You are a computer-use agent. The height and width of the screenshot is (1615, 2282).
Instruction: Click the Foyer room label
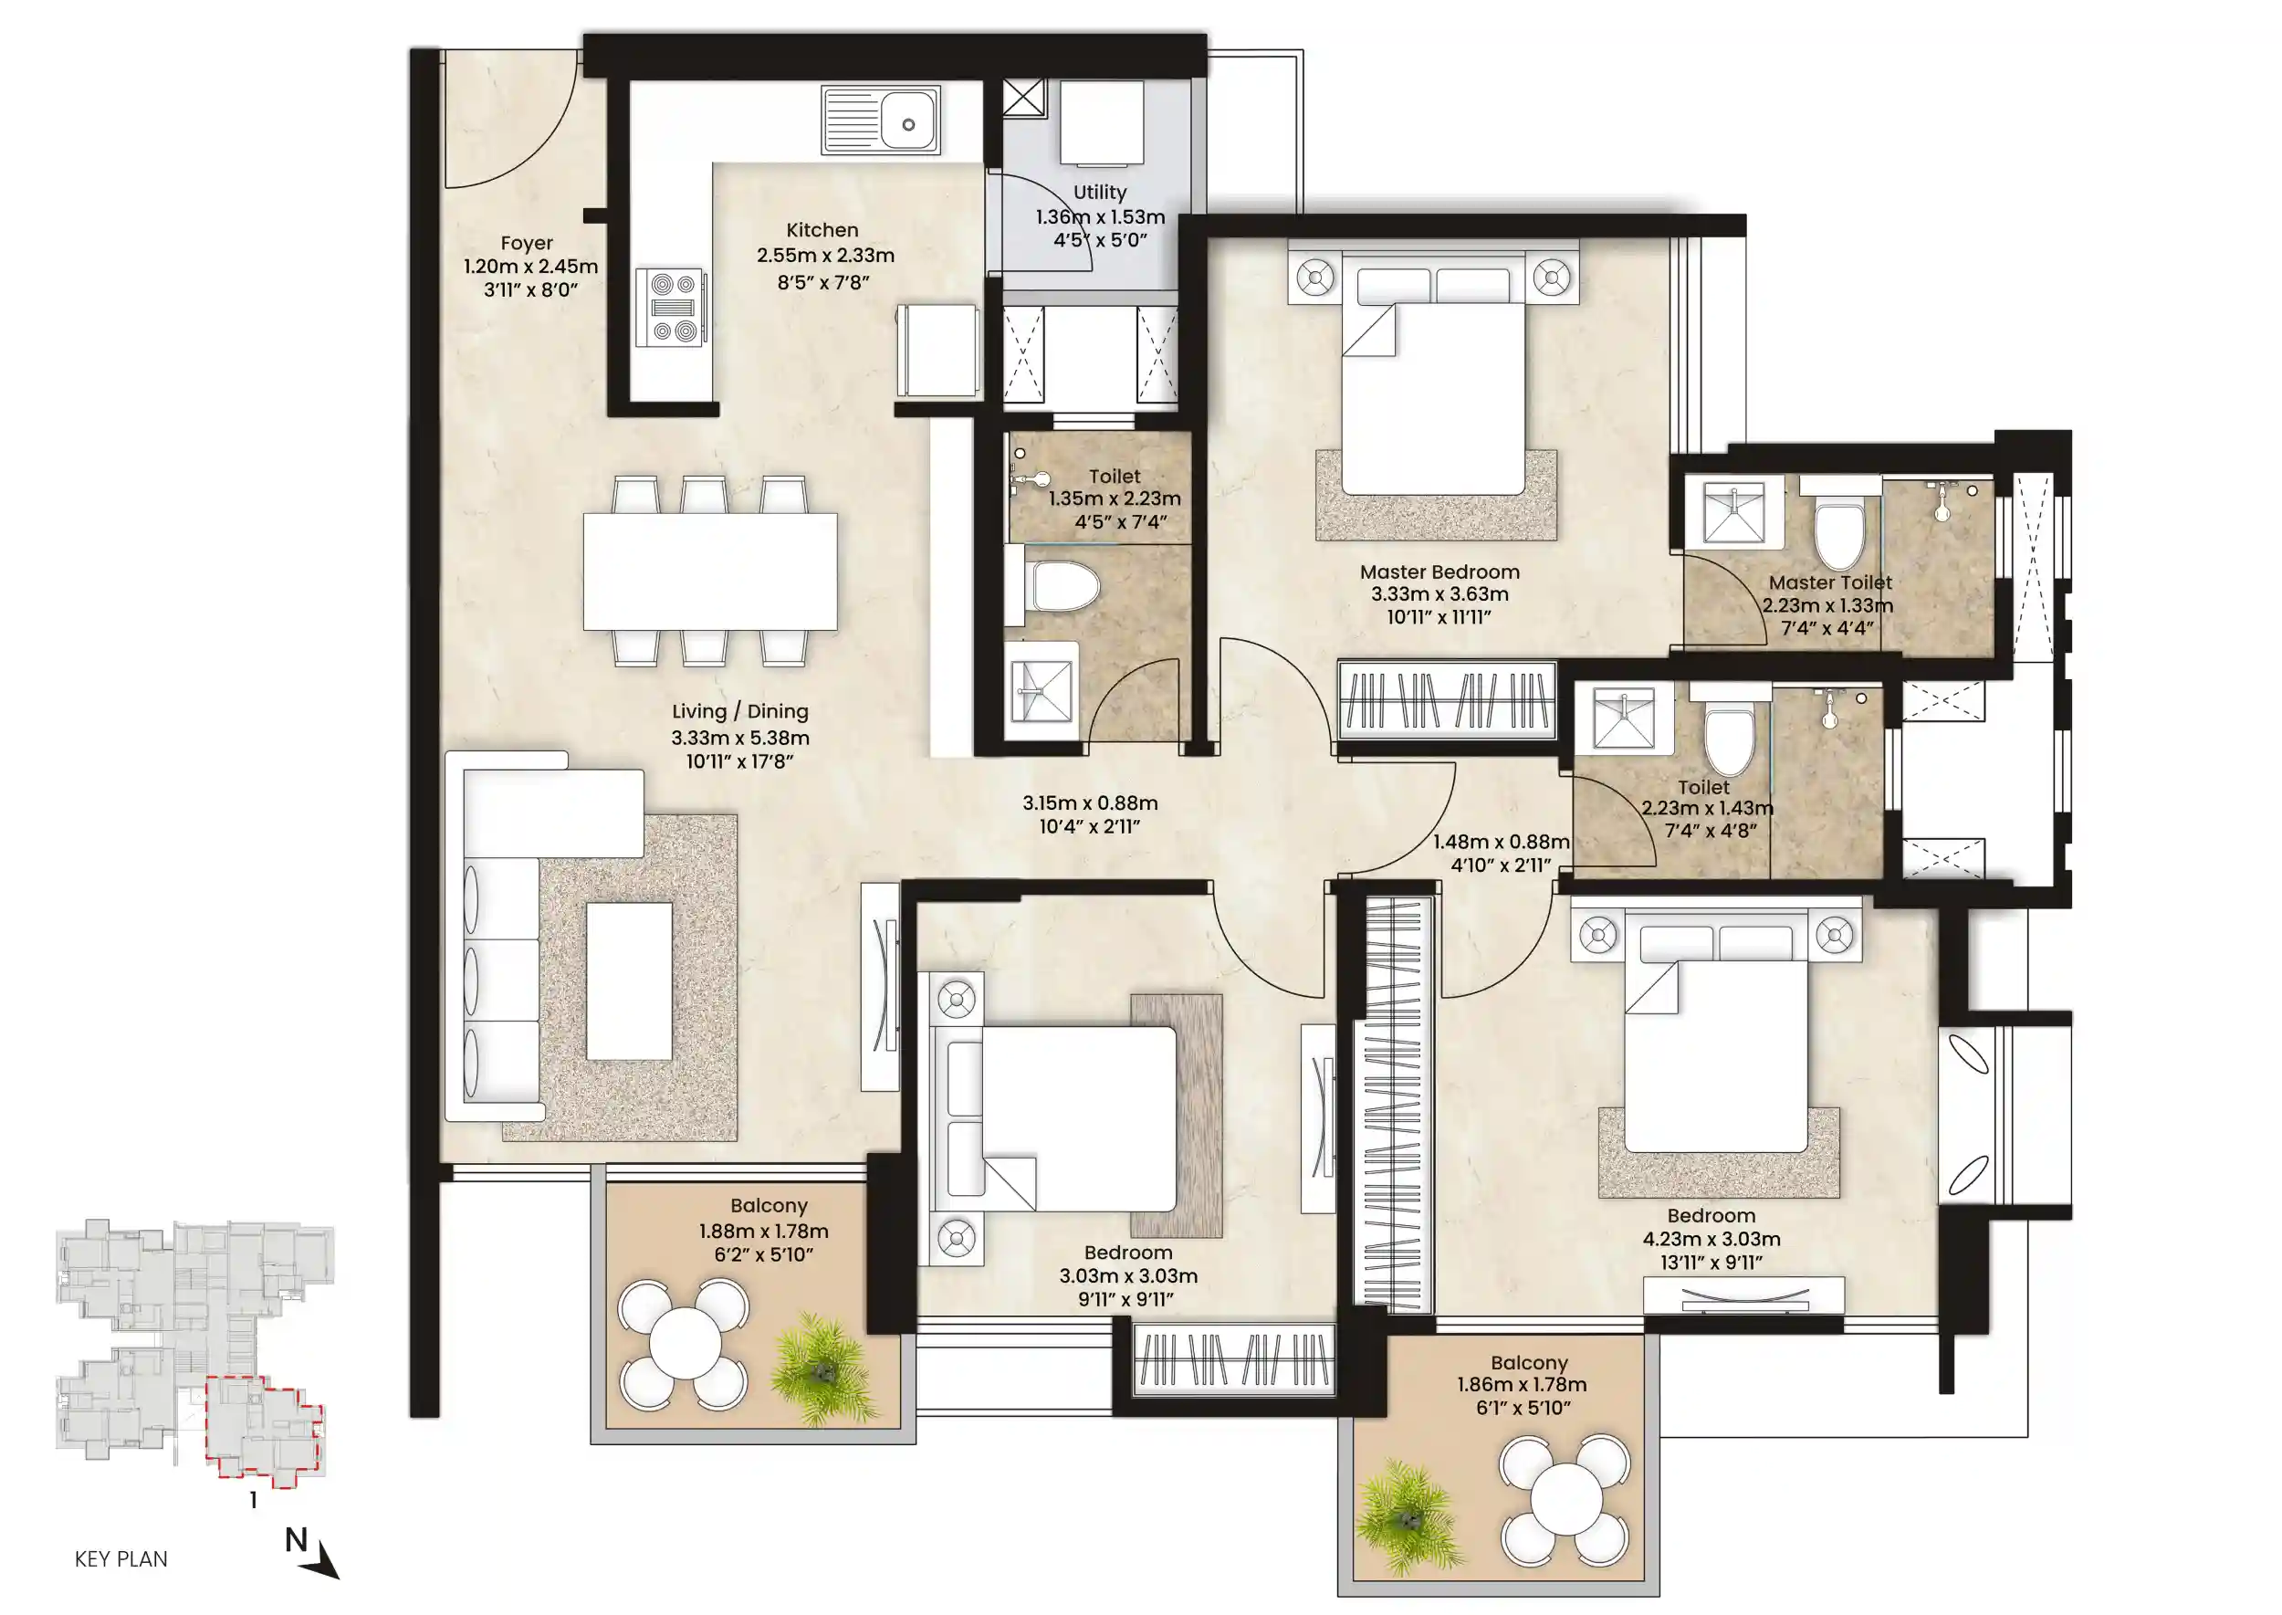(x=526, y=244)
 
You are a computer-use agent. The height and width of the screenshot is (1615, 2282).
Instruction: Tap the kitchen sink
(x=880, y=121)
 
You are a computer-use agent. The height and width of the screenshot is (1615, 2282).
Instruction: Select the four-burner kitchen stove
(x=673, y=308)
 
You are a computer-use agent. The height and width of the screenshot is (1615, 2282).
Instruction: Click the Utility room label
(x=1100, y=193)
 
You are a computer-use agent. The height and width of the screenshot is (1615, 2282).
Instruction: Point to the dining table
(x=710, y=571)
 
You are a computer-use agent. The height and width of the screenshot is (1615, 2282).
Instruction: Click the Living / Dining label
(x=739, y=712)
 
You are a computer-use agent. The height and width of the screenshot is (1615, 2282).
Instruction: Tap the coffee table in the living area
(x=628, y=981)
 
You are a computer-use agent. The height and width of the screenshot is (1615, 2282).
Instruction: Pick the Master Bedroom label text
(x=1439, y=572)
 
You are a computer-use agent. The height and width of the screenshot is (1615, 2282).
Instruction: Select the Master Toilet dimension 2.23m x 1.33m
(x=1827, y=605)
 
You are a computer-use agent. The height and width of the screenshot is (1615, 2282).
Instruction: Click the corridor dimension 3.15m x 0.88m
(x=1090, y=803)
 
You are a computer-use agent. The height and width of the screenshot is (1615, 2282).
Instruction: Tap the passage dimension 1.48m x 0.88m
(x=1501, y=843)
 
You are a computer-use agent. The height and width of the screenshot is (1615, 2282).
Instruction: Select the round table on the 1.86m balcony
(x=1565, y=1500)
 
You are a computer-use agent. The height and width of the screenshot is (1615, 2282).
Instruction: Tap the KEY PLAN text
(x=121, y=1559)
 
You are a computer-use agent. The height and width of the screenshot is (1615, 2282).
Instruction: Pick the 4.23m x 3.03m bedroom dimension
(x=1711, y=1240)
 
